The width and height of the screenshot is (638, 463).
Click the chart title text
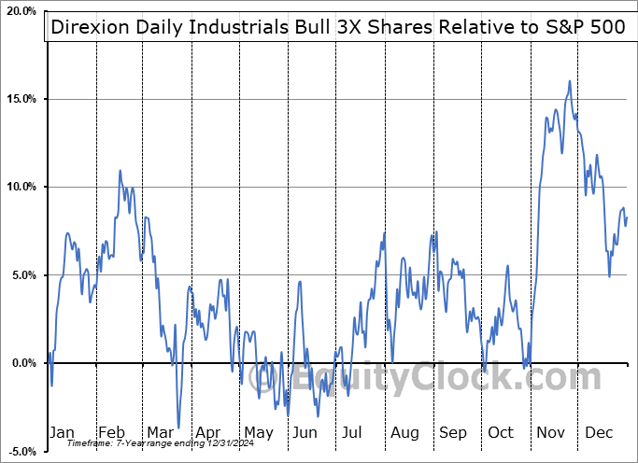tap(337, 26)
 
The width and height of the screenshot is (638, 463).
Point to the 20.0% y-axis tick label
tap(20, 11)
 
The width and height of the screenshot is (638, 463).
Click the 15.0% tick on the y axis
tap(20, 99)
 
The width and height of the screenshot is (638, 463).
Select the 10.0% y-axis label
tap(20, 187)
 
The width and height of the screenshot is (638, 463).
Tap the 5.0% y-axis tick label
tap(21, 275)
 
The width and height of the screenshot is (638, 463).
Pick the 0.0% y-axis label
tap(21, 363)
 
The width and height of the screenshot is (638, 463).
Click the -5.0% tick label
tap(20, 451)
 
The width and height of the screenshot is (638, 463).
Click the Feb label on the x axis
tap(111, 432)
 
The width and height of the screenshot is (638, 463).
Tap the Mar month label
tap(159, 432)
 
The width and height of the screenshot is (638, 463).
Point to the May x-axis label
tap(258, 432)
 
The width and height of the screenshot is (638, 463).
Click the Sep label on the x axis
tap(454, 432)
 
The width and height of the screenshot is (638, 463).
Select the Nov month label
tap(551, 432)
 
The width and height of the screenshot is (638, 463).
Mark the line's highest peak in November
tap(569, 81)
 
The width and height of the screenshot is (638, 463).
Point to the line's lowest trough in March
tap(177, 428)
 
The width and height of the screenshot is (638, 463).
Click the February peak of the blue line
tap(120, 171)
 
